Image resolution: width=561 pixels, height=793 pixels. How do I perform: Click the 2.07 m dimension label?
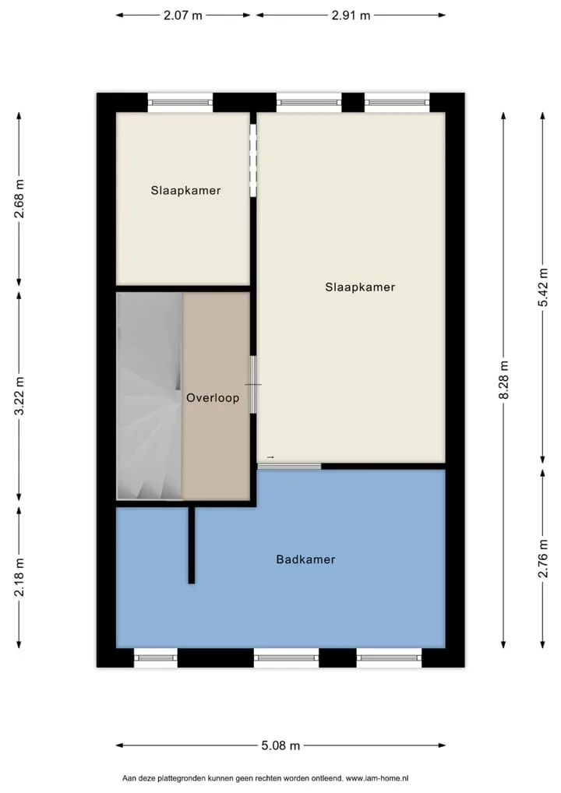182,15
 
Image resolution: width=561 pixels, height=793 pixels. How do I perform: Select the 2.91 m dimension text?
351,15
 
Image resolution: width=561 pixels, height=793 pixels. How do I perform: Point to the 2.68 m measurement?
19,199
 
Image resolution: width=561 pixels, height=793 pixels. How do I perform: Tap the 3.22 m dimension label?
19,396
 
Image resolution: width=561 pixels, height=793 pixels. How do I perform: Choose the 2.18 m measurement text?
19,577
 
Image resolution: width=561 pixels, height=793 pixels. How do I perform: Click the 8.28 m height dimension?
504,379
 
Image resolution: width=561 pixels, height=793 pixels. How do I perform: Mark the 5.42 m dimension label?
543,287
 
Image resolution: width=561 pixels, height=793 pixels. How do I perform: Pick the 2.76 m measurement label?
543,559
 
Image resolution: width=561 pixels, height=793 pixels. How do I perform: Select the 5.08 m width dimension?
280,745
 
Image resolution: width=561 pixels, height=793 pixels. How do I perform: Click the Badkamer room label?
305,559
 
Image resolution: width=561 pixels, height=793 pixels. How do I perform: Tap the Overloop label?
213,398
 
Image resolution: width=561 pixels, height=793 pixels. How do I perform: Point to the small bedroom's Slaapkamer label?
185,191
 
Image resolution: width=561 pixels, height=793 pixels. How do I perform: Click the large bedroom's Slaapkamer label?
360,287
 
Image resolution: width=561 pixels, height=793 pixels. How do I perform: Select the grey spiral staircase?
150,396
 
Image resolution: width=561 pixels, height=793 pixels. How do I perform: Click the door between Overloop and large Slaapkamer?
253,384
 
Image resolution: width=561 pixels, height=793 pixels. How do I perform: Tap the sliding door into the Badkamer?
289,466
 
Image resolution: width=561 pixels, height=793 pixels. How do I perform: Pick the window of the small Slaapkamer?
180,103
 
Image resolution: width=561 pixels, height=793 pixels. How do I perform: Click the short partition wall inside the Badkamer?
191,545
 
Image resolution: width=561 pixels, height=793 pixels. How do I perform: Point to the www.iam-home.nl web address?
377,778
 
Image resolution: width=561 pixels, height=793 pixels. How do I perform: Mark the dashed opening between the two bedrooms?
253,160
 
